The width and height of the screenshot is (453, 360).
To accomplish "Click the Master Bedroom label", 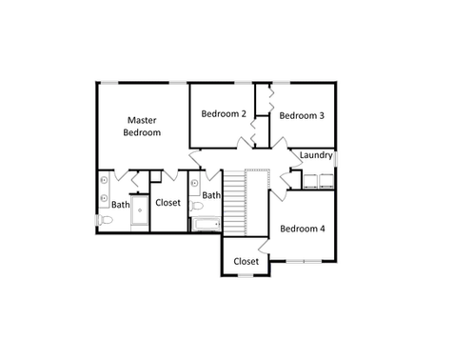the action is coord(142,127).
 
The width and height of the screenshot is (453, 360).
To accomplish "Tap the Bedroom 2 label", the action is coord(224,113).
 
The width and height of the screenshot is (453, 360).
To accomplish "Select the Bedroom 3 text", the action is coord(302,115).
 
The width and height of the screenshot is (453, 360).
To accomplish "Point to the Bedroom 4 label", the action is coord(303,229).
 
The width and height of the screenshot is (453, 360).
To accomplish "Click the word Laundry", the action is coord(316,155).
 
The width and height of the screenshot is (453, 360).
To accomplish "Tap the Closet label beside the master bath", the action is coord(167,203).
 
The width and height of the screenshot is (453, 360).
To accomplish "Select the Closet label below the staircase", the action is coord(246,261).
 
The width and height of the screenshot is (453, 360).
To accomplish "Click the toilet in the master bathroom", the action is coord(105,220).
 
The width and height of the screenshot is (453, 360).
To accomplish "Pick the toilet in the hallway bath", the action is coord(196,207).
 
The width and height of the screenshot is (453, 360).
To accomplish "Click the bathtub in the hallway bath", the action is coord(206,225).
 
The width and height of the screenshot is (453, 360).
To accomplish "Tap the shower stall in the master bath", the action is coord(140,210).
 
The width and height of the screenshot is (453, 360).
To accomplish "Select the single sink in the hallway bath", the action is coord(194,183).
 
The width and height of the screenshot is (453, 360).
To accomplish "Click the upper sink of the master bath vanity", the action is coord(104,180).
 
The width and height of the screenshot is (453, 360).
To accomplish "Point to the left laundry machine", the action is coord(310,181).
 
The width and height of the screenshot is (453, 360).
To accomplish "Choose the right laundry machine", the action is coord(326,181).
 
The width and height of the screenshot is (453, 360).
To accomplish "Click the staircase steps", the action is coord(235,203).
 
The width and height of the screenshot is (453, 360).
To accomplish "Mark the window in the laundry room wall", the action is coord(336,159).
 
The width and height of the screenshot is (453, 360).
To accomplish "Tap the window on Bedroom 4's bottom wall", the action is coord(304,261).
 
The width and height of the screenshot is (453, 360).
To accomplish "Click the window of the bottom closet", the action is coord(246,275).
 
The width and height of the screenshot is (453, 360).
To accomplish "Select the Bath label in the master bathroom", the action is coord(121,205).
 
